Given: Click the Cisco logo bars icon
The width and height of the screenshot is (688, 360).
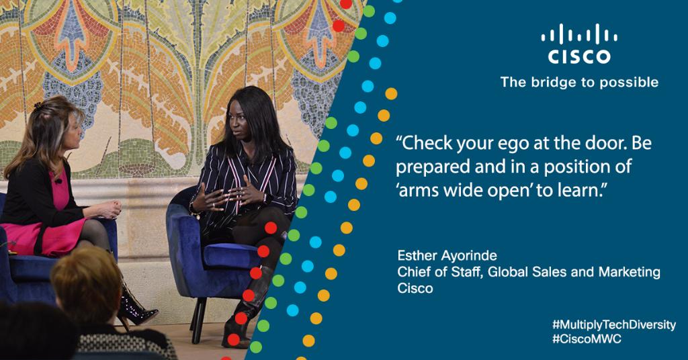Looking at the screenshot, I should [x=579, y=36].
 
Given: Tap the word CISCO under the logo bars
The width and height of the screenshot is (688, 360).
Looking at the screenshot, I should [x=579, y=57].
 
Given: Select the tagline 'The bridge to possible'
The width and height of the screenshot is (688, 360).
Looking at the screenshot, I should [x=578, y=82].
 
